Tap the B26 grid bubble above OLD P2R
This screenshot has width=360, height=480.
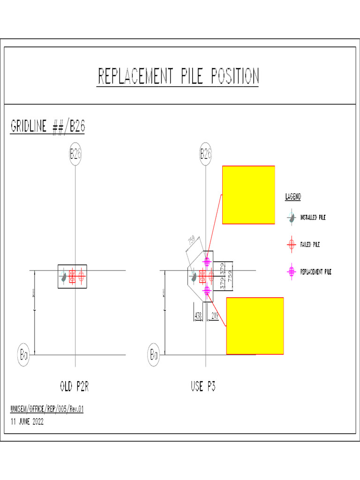75,155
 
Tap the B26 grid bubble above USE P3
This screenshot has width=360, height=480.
205,155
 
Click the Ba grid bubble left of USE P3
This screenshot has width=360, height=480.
154,354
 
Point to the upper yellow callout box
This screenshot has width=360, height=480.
248,195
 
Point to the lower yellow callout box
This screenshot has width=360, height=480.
255,326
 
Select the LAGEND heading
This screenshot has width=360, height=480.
293,197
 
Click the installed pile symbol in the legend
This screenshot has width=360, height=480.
291,217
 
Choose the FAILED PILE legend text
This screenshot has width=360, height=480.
310,244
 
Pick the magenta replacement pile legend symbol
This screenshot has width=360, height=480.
291,271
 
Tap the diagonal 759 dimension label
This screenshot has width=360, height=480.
191,242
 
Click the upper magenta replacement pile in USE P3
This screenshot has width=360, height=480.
206,261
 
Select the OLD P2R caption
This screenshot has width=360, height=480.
75,387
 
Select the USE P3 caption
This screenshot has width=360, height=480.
203,387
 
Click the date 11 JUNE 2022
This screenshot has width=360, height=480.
27,421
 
